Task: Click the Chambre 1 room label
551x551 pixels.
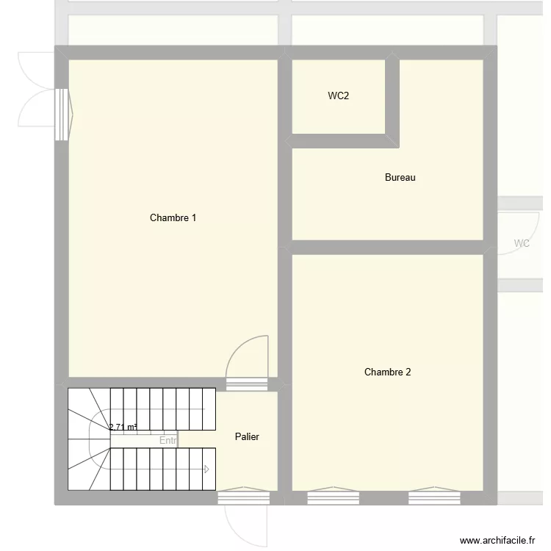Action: click(x=173, y=217)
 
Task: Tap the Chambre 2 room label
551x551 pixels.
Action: click(x=387, y=372)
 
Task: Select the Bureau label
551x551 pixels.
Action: click(x=400, y=177)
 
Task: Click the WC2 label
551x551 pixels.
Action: click(x=338, y=96)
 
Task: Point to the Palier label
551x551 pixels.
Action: click(x=247, y=436)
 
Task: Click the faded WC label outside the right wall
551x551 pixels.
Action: click(x=522, y=243)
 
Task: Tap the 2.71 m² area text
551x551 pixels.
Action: click(x=123, y=427)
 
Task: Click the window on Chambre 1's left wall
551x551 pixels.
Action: click(x=62, y=115)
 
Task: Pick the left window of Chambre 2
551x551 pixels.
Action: click(x=333, y=498)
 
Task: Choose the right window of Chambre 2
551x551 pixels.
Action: click(x=434, y=498)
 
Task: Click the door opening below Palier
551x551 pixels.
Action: click(x=243, y=498)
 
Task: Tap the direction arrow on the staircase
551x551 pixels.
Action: click(x=208, y=469)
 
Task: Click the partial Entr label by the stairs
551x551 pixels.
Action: click(x=168, y=441)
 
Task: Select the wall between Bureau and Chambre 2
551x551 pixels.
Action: click(x=387, y=247)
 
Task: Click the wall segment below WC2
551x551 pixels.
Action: click(x=339, y=141)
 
